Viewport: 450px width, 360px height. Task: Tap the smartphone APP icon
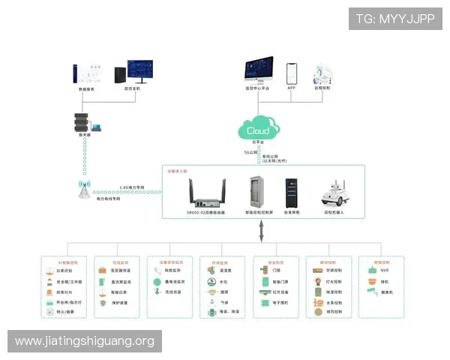[x=292, y=73]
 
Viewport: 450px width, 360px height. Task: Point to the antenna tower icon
[x=81, y=191]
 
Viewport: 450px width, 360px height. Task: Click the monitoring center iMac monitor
[x=259, y=71]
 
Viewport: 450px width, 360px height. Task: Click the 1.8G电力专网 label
[x=131, y=187]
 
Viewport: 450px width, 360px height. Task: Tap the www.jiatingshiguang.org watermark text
[x=84, y=341]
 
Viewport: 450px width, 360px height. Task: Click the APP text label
[x=292, y=88]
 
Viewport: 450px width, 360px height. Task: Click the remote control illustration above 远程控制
[x=323, y=73]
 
